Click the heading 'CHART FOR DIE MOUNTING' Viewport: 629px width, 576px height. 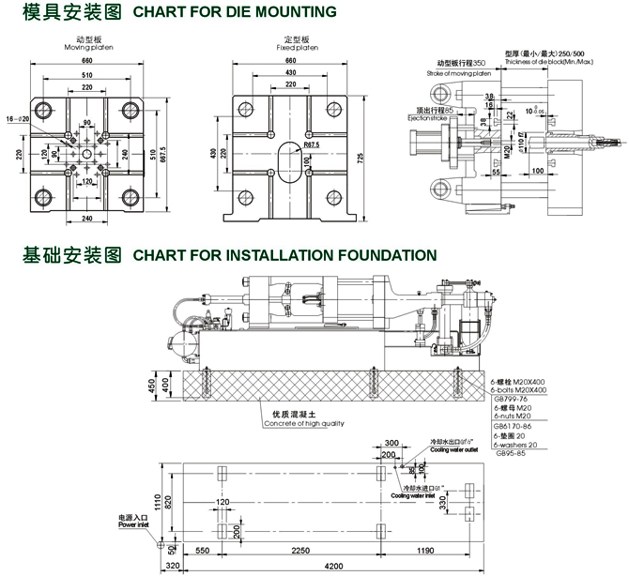[x=235, y=12]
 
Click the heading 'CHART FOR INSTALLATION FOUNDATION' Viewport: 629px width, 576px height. [x=284, y=254]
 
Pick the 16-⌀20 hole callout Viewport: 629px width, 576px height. [x=18, y=120]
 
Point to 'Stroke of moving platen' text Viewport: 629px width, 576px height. [x=458, y=72]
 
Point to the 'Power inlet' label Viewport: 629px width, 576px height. [x=133, y=525]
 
